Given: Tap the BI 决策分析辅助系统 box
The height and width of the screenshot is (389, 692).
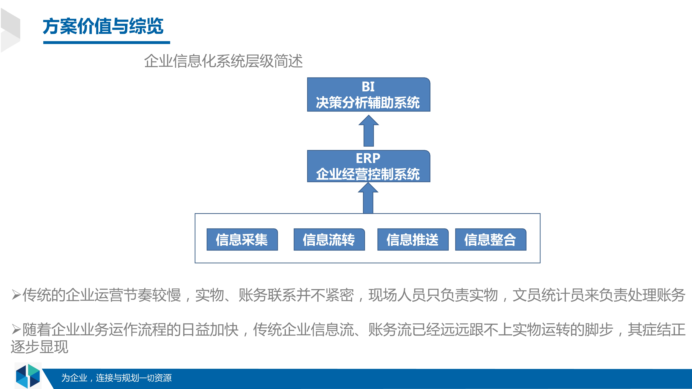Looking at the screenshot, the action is click(368, 95).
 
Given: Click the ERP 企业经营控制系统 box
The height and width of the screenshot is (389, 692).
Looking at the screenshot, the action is click(368, 166).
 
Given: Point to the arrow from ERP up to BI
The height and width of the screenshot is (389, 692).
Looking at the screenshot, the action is click(368, 131).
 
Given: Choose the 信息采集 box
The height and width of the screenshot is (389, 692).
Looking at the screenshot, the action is click(242, 239).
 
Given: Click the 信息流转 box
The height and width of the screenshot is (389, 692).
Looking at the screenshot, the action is click(329, 239).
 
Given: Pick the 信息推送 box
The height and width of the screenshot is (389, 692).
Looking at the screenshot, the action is click(413, 239).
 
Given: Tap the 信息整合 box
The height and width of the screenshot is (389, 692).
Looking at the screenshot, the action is click(490, 239).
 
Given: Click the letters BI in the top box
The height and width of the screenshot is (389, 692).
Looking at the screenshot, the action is click(368, 87).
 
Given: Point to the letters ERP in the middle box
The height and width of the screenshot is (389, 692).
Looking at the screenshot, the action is click(368, 158).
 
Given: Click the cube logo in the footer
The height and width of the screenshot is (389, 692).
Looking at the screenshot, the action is click(28, 376).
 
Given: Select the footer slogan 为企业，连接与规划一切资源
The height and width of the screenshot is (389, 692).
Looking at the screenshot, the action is click(116, 378).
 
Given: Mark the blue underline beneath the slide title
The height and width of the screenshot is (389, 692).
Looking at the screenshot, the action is click(107, 42).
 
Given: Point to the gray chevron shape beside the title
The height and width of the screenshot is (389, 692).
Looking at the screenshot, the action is click(11, 30).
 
